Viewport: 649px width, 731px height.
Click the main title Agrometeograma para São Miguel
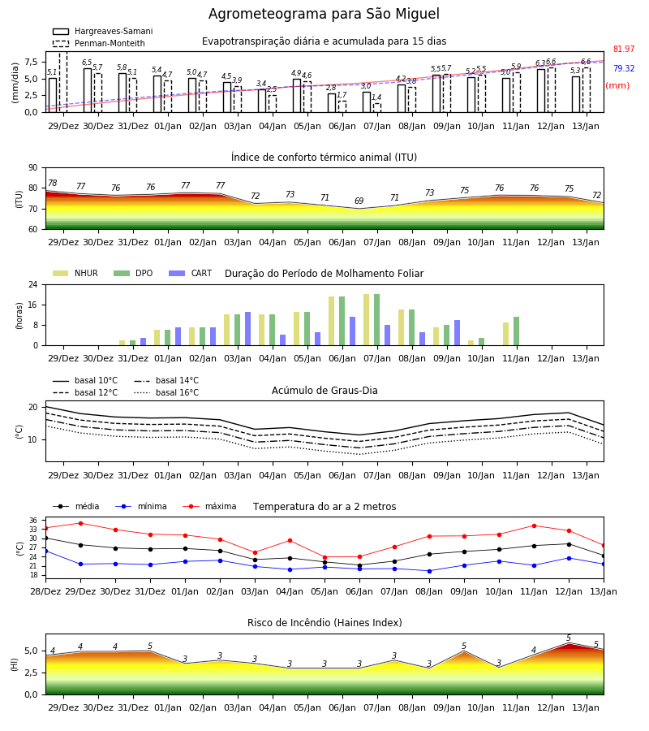pos(324,14)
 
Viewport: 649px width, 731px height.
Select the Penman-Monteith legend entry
pos(99,43)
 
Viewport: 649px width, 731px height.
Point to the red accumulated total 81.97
pos(624,49)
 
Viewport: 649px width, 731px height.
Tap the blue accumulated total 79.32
pos(624,68)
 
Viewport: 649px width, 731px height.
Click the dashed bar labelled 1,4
pos(377,108)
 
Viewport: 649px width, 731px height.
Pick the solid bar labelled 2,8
pos(332,103)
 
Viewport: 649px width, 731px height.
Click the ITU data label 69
pos(359,201)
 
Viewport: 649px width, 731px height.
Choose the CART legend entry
pos(191,273)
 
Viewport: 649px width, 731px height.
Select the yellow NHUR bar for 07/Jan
pos(367,320)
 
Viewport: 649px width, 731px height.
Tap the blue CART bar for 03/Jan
pos(247,329)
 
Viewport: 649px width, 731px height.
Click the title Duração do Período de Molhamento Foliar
pos(324,274)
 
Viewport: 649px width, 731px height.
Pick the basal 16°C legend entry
pos(166,392)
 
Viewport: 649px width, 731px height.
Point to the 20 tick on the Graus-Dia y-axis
pos(33,407)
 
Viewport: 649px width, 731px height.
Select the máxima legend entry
pos(209,506)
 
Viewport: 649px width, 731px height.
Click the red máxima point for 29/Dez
pos(80,523)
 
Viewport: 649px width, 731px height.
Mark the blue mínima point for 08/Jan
pos(429,571)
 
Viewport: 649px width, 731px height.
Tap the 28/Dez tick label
pos(45,591)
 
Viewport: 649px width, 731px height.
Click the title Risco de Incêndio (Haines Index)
pos(324,623)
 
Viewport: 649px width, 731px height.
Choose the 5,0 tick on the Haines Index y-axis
pos(32,651)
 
